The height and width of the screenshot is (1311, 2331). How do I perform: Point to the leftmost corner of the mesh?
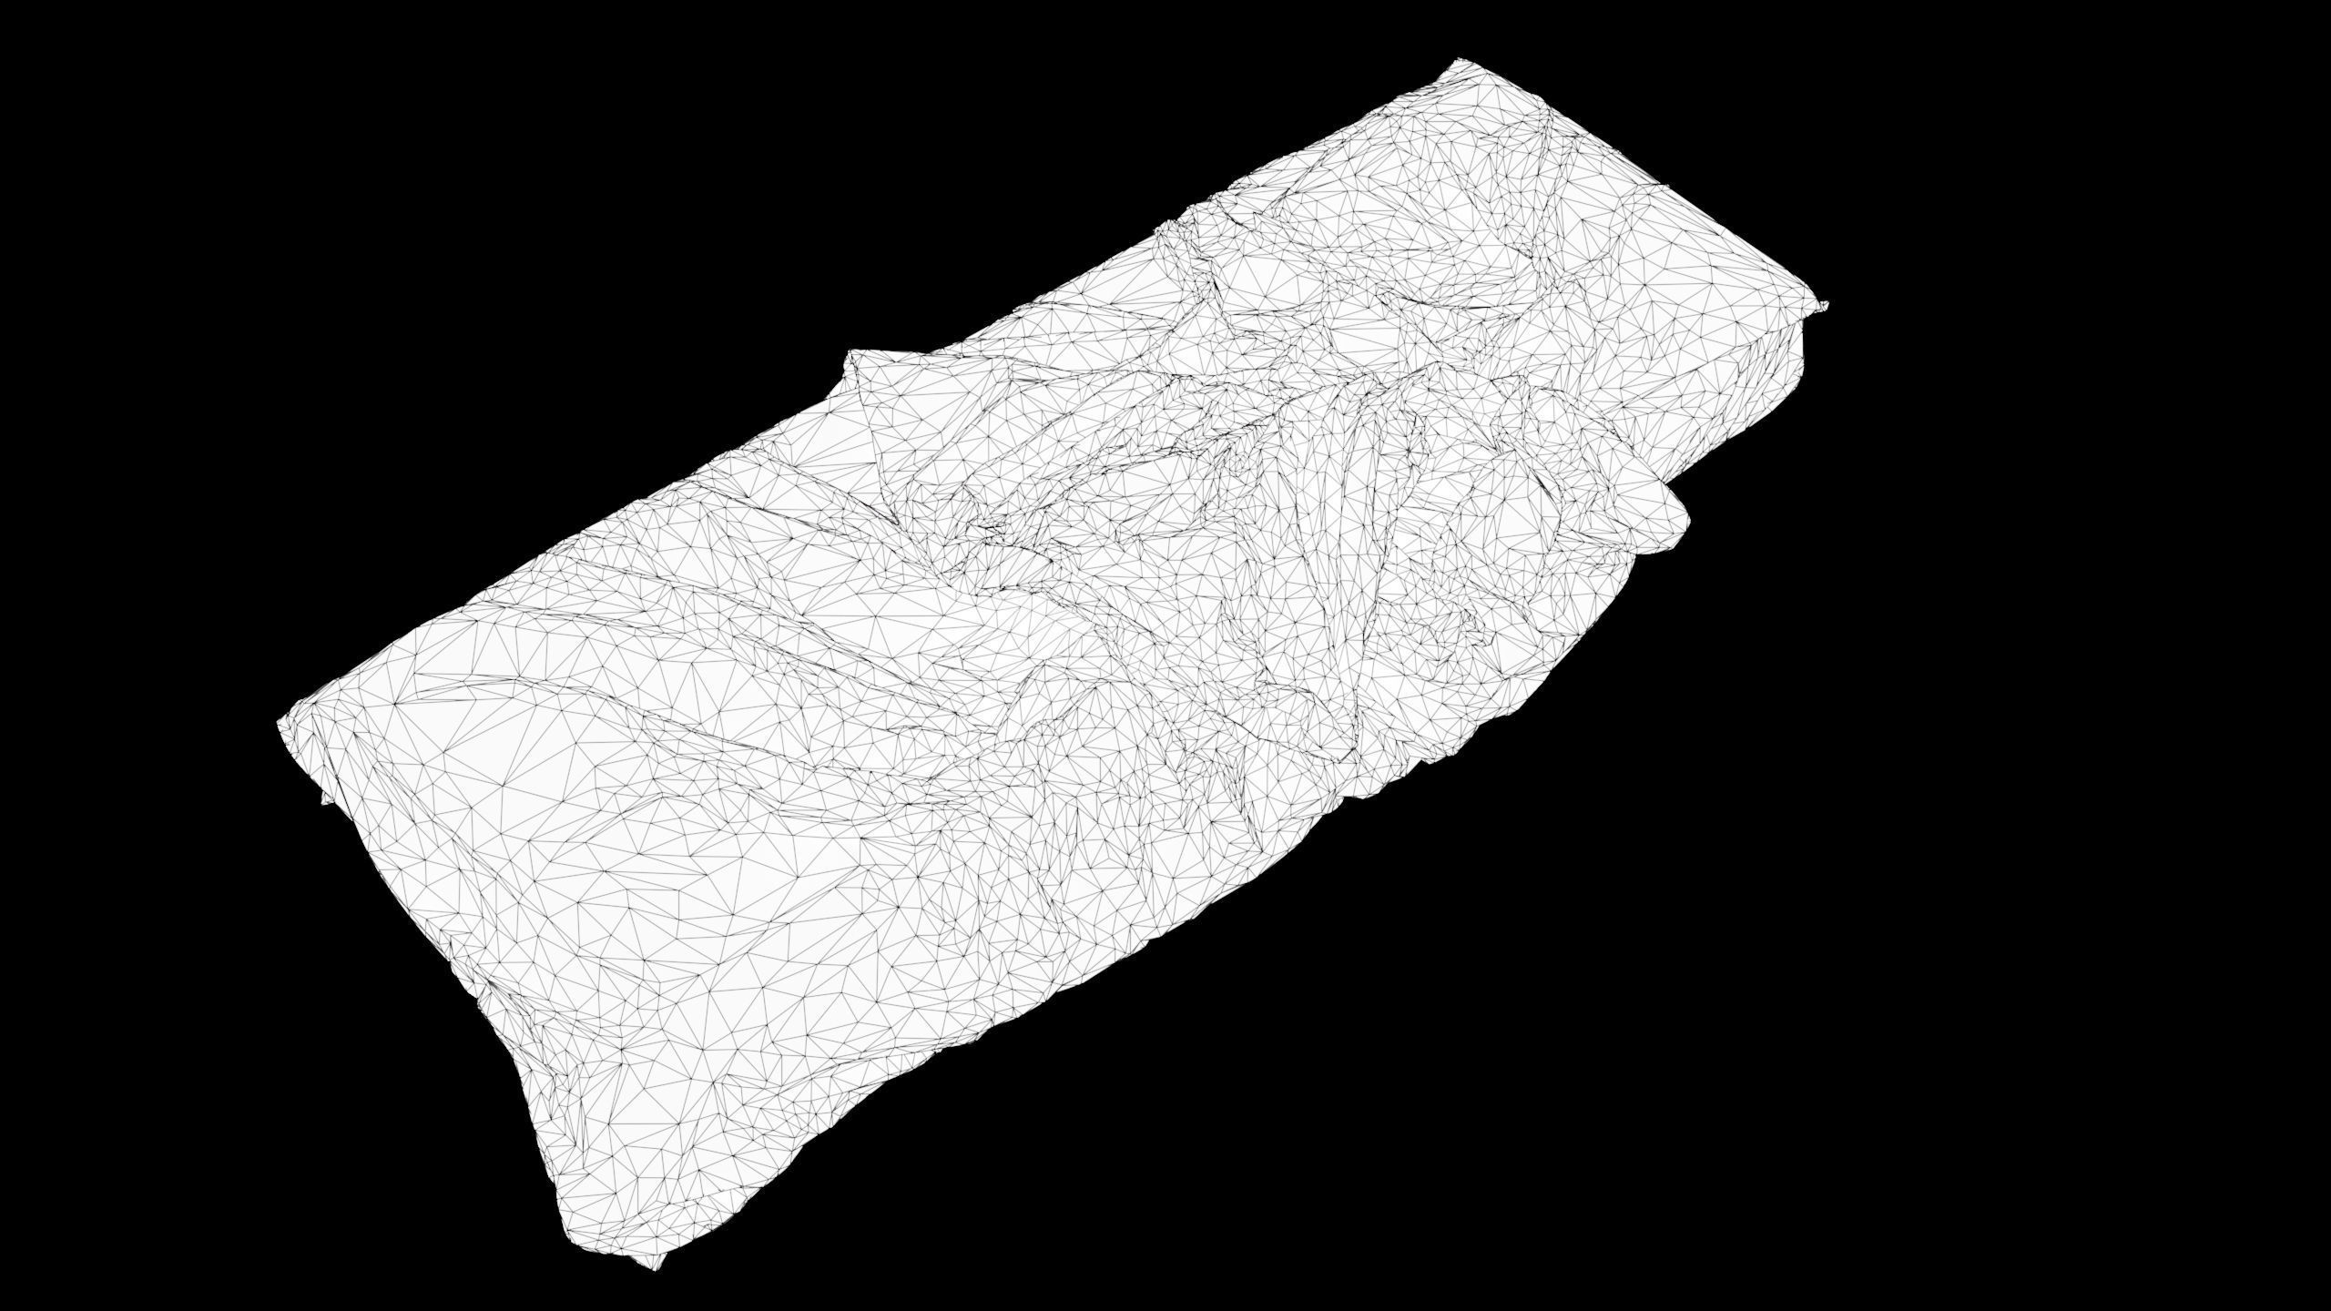280,722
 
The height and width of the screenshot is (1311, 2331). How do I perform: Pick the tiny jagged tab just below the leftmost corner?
325,799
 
